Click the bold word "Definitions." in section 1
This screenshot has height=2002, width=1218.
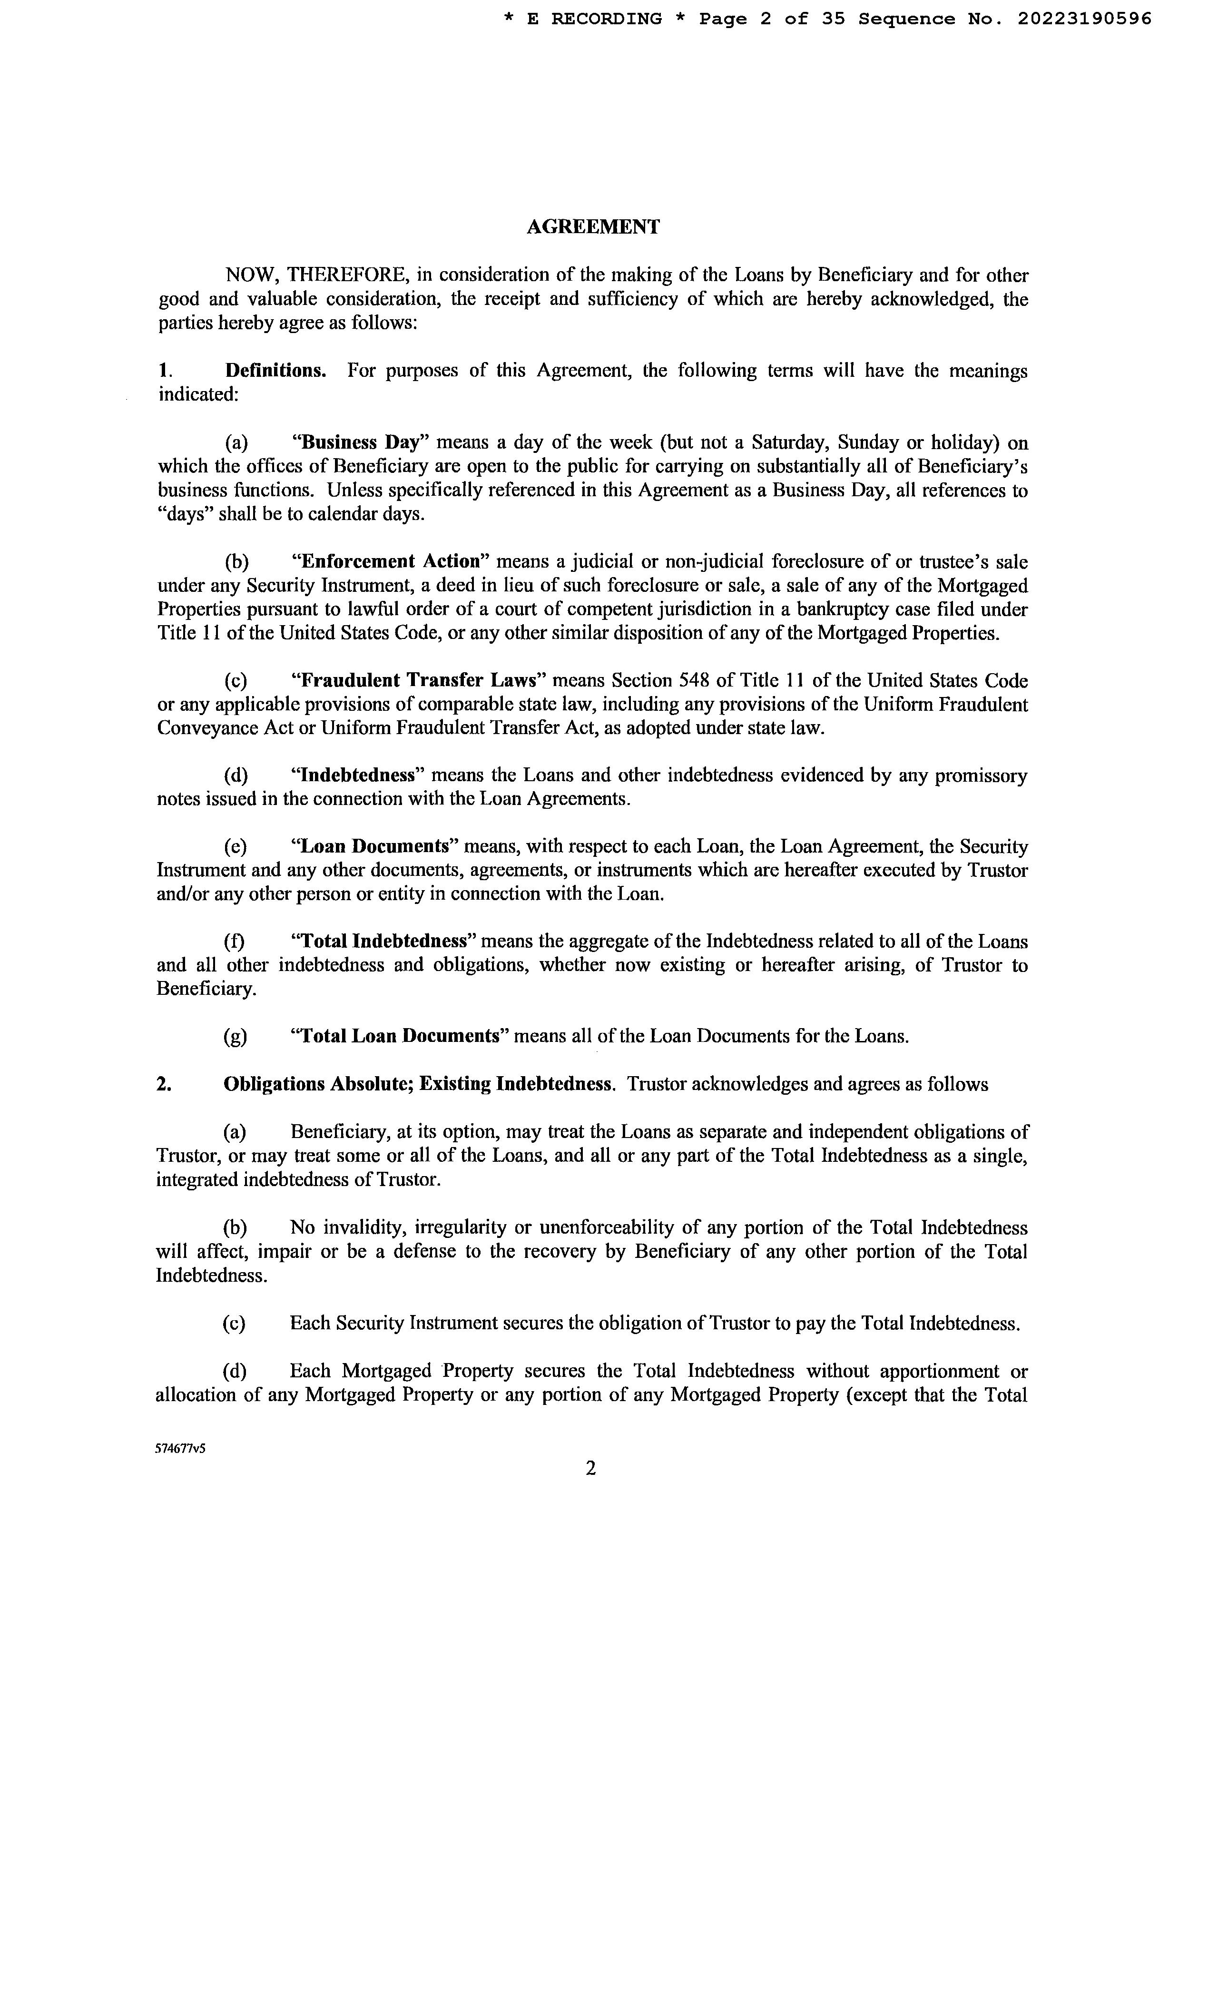[275, 371]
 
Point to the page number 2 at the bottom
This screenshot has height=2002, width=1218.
[591, 1468]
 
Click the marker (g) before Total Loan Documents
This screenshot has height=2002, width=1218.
[236, 1037]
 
